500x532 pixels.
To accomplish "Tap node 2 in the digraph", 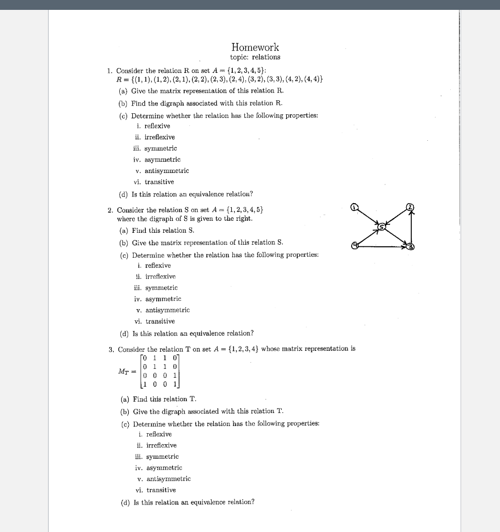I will pyautogui.click(x=410, y=207).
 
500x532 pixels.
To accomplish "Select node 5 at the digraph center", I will pyautogui.click(x=382, y=227).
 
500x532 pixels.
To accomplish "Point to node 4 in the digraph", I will pyautogui.click(x=354, y=246).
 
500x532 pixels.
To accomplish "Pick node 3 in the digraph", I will pyautogui.click(x=410, y=246).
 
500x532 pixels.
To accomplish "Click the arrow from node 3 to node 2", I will pyautogui.click(x=411, y=227).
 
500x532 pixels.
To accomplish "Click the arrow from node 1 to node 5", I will pyautogui.click(x=368, y=217).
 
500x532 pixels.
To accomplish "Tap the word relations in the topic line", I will pyautogui.click(x=266, y=57).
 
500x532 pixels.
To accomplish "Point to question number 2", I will pyautogui.click(x=110, y=210).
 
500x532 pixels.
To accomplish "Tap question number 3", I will pyautogui.click(x=111, y=349).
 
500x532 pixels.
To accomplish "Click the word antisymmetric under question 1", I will pyautogui.click(x=166, y=170).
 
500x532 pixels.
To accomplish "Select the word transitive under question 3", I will pyautogui.click(x=161, y=490).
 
